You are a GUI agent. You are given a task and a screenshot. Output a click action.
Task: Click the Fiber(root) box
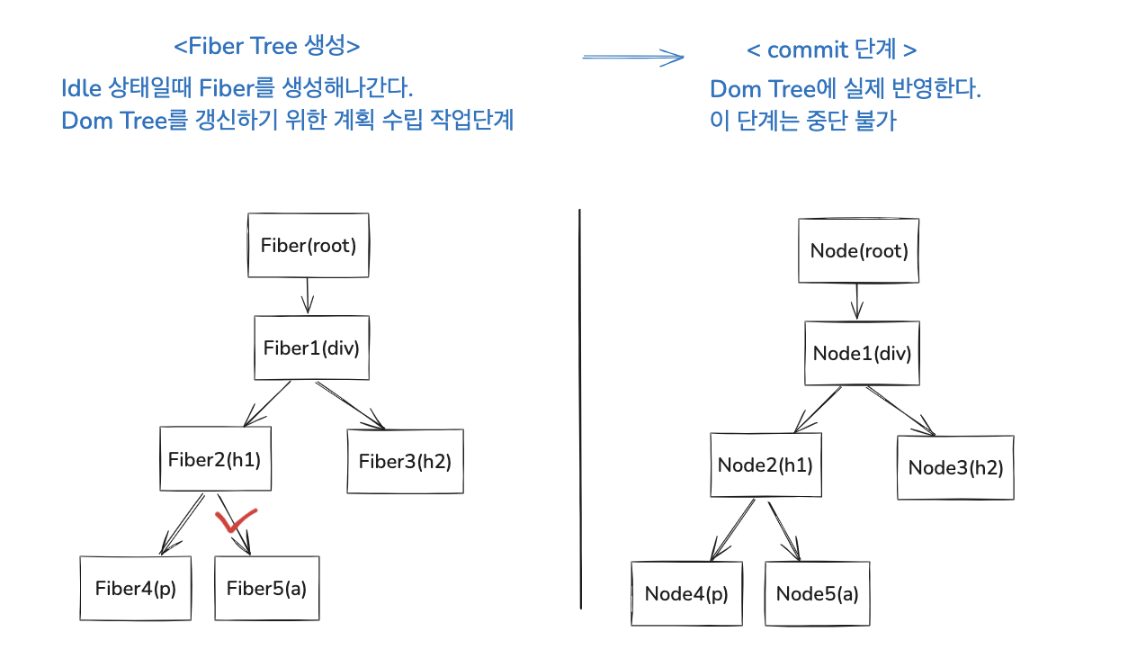[x=309, y=245]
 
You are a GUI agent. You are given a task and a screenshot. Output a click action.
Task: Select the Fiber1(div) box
[x=311, y=348]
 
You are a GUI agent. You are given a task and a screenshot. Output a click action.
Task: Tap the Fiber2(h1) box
[x=214, y=459]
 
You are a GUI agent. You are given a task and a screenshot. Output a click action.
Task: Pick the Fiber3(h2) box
[x=405, y=461]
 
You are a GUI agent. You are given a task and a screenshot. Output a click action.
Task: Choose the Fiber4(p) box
[x=136, y=589]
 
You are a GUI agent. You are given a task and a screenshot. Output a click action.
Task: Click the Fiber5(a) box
[x=266, y=589]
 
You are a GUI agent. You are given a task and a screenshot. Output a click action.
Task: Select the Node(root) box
[x=859, y=250]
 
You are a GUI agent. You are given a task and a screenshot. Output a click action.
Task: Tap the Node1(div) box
[x=862, y=353]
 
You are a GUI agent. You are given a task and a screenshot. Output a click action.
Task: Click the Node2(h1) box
[x=765, y=465]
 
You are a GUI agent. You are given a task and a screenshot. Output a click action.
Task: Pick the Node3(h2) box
[x=955, y=467]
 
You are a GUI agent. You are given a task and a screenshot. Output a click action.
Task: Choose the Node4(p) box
[x=686, y=593]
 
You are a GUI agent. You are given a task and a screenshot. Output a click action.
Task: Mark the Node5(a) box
[x=817, y=593]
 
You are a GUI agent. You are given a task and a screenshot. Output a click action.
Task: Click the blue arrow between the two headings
[x=633, y=57]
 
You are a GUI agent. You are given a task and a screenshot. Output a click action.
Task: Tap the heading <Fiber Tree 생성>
[x=266, y=46]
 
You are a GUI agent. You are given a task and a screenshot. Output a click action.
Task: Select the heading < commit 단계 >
[x=832, y=50]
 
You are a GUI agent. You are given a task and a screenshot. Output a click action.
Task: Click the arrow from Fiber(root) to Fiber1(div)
[x=309, y=295]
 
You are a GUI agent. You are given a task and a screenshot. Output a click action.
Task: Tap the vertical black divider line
[x=580, y=405]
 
